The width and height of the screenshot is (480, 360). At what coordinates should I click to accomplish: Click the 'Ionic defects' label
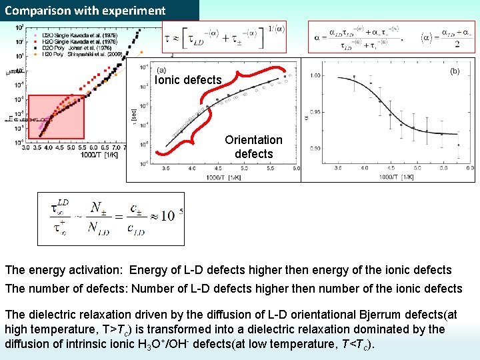tap(188, 80)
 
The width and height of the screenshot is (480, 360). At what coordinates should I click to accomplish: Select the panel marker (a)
tap(161, 70)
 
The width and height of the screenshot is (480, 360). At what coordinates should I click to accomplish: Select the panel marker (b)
tap(455, 70)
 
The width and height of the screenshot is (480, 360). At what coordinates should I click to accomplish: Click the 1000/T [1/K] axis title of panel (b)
tap(399, 177)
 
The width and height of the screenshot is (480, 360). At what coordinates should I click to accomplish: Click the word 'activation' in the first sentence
tap(97, 271)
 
